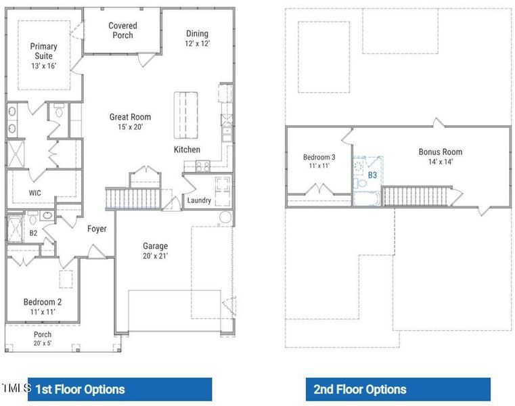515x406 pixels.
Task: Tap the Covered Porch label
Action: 122,30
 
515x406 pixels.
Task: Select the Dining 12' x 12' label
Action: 197,39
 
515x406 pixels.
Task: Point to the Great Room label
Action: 130,122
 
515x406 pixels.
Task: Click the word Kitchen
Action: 187,150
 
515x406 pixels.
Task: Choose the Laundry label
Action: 199,200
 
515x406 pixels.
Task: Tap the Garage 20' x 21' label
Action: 155,250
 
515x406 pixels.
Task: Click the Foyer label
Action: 97,229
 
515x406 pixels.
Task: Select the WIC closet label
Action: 35,193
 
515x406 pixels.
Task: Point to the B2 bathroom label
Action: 33,233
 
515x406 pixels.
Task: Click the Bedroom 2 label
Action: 42,307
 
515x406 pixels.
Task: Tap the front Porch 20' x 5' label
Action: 42,338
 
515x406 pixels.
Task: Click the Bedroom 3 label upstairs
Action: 318,161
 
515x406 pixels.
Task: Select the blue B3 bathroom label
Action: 372,175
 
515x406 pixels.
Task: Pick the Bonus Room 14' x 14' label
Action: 440,156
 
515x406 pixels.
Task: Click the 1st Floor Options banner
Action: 120,389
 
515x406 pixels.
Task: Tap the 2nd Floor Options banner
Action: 398,389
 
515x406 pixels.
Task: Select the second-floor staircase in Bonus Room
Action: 408,196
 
